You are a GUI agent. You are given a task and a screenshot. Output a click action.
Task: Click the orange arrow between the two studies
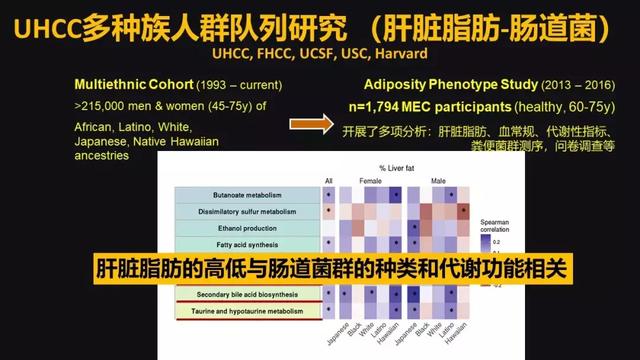[x=310, y=123]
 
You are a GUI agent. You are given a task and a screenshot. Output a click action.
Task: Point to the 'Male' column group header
[x=439, y=181]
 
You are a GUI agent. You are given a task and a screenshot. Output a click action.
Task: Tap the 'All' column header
[x=329, y=181]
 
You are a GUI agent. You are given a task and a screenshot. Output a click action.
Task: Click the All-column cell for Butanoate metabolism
[x=329, y=195]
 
